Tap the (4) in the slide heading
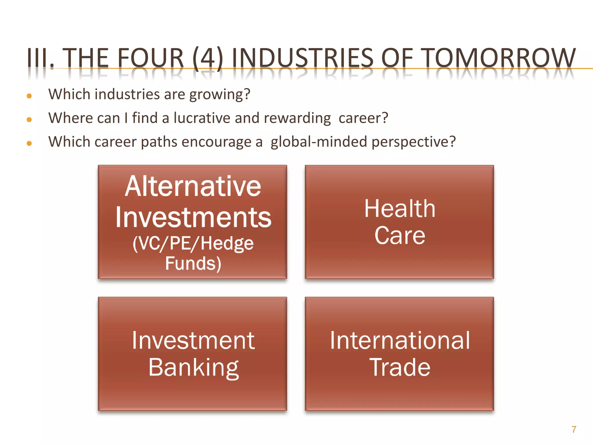208,58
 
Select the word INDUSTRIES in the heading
303,58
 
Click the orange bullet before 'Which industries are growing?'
29,96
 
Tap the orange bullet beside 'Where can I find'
29,119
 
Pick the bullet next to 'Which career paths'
29,143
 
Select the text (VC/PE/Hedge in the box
193,243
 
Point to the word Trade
400,367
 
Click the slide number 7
574,429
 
